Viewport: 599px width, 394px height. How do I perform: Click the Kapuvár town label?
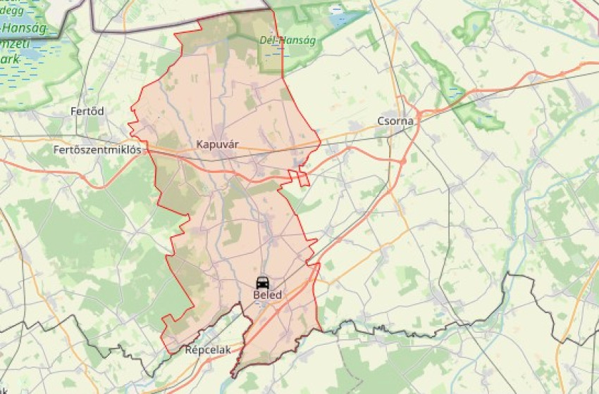[x=218, y=144]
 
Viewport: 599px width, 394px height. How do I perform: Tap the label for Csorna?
[x=396, y=121]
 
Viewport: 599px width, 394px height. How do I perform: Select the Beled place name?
[x=267, y=295]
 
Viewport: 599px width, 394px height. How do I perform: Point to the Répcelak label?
[x=208, y=349]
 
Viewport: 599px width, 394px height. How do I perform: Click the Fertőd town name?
[x=87, y=111]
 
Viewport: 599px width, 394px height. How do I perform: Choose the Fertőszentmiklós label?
[x=97, y=149]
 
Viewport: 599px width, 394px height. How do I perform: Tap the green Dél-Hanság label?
[x=288, y=40]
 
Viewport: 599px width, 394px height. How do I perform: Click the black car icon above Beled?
[x=262, y=282]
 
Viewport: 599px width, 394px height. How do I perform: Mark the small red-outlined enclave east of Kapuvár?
[x=302, y=177]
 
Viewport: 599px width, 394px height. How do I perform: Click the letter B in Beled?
[x=256, y=295]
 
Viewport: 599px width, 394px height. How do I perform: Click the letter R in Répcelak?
[x=188, y=349]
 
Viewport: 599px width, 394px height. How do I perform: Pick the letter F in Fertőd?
[x=73, y=111]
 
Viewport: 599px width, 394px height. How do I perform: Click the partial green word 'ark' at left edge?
[x=11, y=58]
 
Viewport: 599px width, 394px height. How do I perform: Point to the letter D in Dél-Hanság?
[x=263, y=40]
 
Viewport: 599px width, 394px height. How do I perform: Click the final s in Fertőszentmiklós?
[x=139, y=149]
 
